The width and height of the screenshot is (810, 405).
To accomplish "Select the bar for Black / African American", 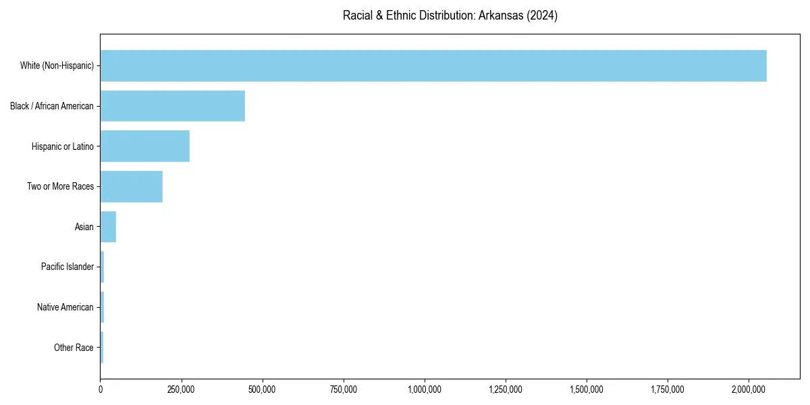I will (x=172, y=106).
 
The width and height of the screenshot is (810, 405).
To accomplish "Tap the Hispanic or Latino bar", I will (x=144, y=146).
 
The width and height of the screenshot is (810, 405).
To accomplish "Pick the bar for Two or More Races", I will (x=131, y=186).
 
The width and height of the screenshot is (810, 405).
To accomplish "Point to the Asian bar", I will (x=108, y=227).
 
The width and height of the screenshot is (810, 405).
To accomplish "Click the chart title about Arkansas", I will (x=450, y=16).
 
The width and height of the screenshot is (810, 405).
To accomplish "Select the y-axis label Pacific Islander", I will (x=67, y=267).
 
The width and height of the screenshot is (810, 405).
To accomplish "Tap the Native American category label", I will (x=65, y=308).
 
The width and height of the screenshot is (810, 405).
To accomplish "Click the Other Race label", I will (x=74, y=348).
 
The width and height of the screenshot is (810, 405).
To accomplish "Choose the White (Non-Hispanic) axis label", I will (x=57, y=65).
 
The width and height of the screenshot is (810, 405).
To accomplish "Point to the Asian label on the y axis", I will (x=84, y=227).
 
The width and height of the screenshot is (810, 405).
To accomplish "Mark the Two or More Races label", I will (x=60, y=186).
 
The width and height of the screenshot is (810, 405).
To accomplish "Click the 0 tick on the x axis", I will (x=101, y=389).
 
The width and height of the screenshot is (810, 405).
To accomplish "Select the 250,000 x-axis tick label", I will (x=182, y=389).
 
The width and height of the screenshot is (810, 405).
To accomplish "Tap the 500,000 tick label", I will (x=263, y=389).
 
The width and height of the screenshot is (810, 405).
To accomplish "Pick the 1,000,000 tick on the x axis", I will (x=425, y=389).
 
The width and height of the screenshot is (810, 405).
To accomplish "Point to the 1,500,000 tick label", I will (x=587, y=389).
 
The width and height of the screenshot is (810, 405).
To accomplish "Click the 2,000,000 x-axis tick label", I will (x=749, y=389).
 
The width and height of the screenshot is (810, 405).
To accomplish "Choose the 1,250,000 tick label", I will (x=506, y=389).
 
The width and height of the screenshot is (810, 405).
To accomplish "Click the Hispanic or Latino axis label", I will (x=63, y=146).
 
